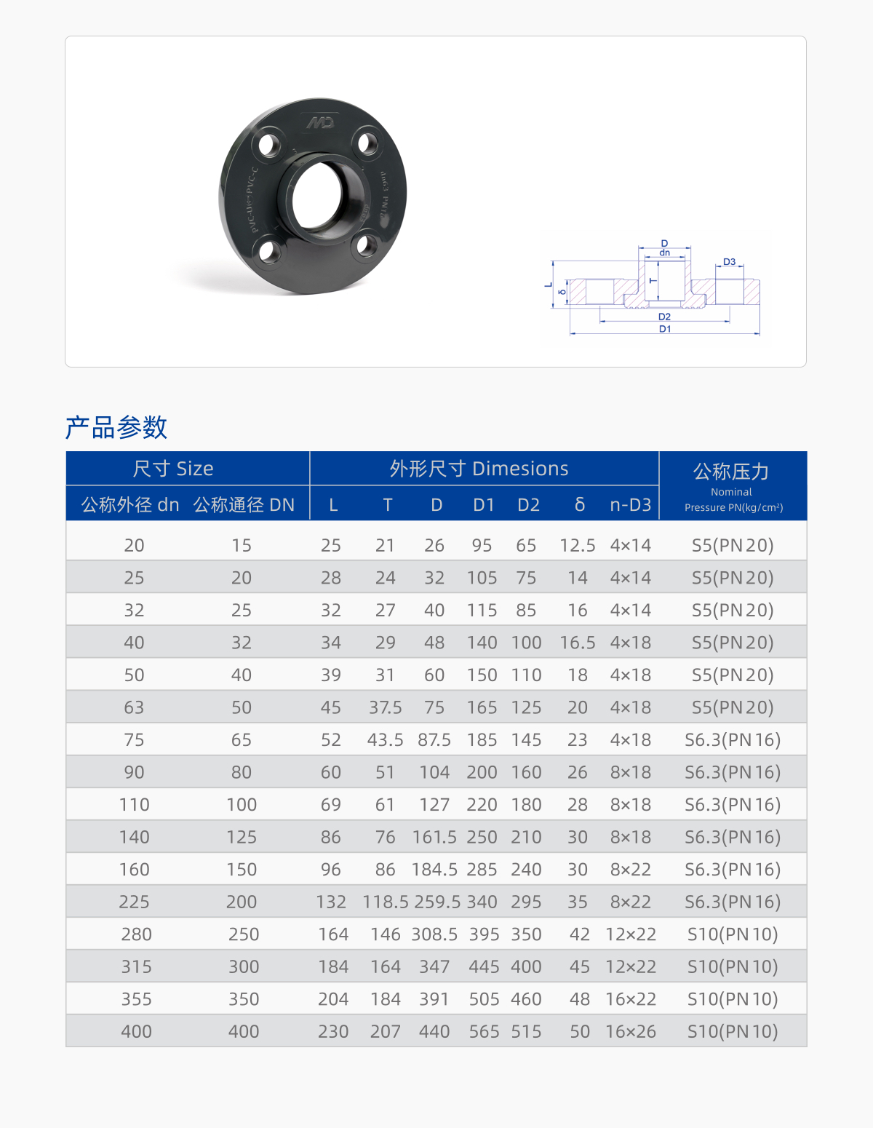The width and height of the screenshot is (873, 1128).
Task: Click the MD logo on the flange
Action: click(x=320, y=122)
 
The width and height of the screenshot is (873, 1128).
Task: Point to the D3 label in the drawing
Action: click(x=729, y=262)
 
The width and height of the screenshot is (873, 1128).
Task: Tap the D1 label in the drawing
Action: click(x=665, y=329)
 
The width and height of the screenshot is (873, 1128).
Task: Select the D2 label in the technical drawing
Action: click(x=664, y=317)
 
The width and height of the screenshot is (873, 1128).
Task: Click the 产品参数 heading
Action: click(x=116, y=427)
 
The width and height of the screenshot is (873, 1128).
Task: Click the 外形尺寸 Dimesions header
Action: click(x=479, y=469)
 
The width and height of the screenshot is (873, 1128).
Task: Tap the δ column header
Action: click(x=580, y=504)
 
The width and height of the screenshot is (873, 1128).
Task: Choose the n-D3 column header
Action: click(x=630, y=504)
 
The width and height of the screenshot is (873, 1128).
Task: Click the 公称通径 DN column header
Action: click(x=244, y=504)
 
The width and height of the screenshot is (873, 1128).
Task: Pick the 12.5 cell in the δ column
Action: click(x=578, y=545)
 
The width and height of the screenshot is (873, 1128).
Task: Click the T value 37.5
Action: click(x=385, y=707)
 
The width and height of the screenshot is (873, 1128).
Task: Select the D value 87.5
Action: click(x=434, y=740)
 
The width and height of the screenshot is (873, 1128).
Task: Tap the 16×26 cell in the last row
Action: click(x=631, y=1031)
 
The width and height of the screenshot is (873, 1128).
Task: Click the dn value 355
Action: click(x=136, y=999)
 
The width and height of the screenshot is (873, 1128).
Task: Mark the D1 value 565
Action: click(x=484, y=1031)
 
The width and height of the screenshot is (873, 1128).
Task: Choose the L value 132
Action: click(x=331, y=902)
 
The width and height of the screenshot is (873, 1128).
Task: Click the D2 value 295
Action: click(x=526, y=902)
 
